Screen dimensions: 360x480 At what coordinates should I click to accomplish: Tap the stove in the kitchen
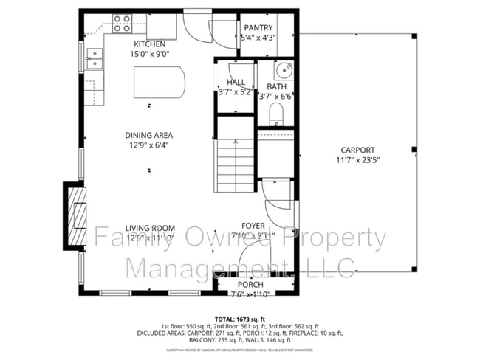tap(122, 22)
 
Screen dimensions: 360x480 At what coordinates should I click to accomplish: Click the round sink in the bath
tap(283, 70)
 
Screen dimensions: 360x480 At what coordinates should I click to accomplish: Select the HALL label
tap(236, 83)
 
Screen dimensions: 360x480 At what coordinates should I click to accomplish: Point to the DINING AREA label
tap(148, 135)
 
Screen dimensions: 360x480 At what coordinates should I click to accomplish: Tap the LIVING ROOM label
tap(149, 227)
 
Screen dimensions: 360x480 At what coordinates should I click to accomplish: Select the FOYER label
tap(253, 226)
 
